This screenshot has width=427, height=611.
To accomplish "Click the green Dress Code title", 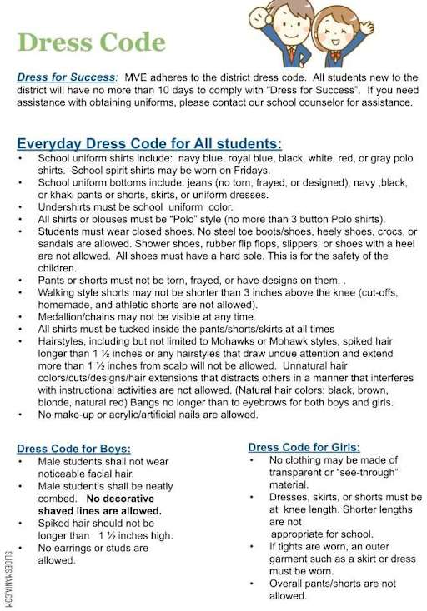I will pos(91,42).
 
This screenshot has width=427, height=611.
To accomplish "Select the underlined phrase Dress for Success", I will pos(66,77).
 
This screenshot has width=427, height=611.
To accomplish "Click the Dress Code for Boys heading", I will pos(73,449).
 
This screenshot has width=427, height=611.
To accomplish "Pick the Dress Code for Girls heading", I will pos(304,447).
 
